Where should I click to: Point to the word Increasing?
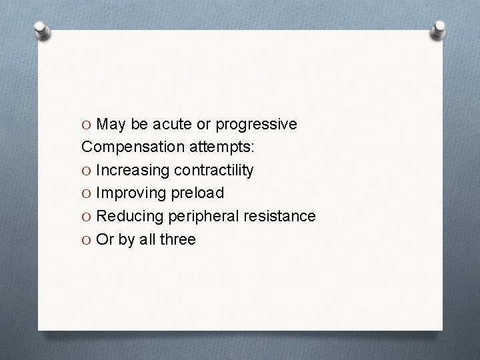tap(133, 171)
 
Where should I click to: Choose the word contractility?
tap(213, 171)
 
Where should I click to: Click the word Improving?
tap(131, 193)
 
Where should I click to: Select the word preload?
tap(197, 193)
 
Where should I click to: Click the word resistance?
tap(281, 216)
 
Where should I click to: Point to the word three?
tap(177, 239)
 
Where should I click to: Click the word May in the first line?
tap(111, 125)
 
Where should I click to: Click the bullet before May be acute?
tap(88, 125)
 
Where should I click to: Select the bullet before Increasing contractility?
tap(88, 171)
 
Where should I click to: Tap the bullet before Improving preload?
tap(88, 193)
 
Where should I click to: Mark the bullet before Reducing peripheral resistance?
tap(88, 216)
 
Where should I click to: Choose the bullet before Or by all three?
tap(88, 239)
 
